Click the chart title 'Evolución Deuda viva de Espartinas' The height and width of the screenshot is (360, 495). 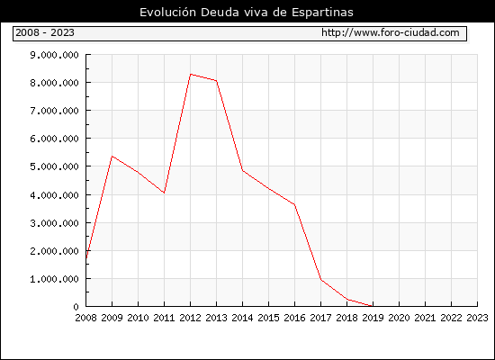click(247, 12)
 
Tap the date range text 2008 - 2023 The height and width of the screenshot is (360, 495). click(45, 32)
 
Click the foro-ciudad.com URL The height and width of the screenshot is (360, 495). click(391, 32)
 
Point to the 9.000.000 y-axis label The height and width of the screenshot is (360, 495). click(54, 55)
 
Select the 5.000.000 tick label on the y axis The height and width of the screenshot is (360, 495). click(54, 166)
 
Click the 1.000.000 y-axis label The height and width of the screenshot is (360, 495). click(54, 278)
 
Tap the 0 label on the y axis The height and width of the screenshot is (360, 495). click(76, 307)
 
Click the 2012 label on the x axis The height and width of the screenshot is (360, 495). click(191, 318)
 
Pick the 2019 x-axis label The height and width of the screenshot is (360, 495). click(373, 318)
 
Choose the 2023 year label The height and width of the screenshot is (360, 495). click(477, 318)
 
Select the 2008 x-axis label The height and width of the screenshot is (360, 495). click(85, 318)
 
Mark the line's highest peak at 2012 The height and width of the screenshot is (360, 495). click(191, 74)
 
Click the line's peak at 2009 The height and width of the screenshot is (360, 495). click(112, 157)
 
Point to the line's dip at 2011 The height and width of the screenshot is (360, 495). click(164, 193)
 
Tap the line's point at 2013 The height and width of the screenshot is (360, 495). click(217, 81)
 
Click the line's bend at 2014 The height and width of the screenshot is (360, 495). click(242, 170)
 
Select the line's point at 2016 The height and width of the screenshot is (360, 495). click(295, 204)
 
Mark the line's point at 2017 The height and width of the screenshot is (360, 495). click(321, 280)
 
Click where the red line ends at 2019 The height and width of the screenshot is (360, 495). click(373, 306)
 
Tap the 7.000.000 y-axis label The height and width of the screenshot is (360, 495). click(54, 111)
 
